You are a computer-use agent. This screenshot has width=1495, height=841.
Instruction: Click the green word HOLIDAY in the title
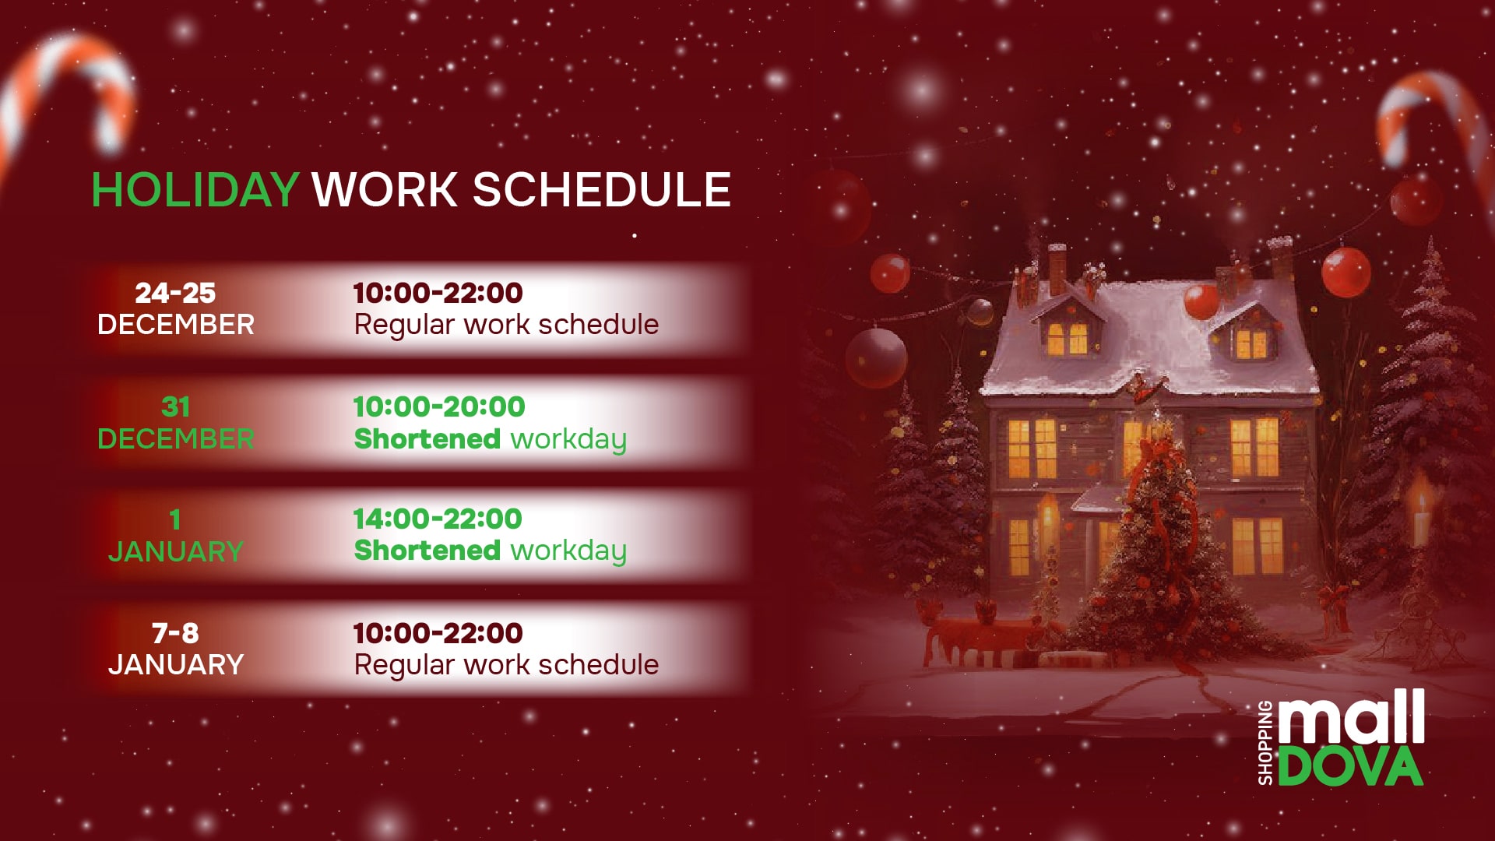(x=195, y=190)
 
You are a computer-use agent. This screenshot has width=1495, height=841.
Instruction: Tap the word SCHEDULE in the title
(x=601, y=190)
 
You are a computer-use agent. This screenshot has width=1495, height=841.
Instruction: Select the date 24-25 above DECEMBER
(x=175, y=294)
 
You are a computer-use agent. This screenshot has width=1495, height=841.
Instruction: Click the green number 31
(x=175, y=406)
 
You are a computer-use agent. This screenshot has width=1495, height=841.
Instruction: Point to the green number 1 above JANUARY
(x=175, y=519)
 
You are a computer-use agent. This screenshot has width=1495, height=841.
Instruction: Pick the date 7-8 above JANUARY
(x=175, y=633)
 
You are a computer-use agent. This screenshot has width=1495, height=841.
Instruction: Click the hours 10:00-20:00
(x=439, y=406)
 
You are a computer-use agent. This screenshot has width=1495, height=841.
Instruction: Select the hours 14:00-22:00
(x=438, y=519)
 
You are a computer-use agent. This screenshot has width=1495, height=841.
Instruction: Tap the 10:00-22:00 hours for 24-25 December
(x=438, y=294)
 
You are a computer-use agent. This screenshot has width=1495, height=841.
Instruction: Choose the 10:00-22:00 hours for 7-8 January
(x=438, y=633)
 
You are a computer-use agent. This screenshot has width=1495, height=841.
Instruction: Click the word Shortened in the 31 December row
(x=427, y=439)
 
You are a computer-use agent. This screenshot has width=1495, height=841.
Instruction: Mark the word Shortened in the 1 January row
(x=427, y=551)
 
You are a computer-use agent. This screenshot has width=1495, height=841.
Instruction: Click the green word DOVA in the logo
(x=1350, y=767)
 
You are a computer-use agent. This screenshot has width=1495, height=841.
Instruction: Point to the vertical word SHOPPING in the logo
(x=1265, y=742)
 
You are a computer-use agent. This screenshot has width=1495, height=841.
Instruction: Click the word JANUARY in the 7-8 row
(x=175, y=665)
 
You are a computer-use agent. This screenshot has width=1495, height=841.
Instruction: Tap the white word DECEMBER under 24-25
(x=175, y=325)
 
